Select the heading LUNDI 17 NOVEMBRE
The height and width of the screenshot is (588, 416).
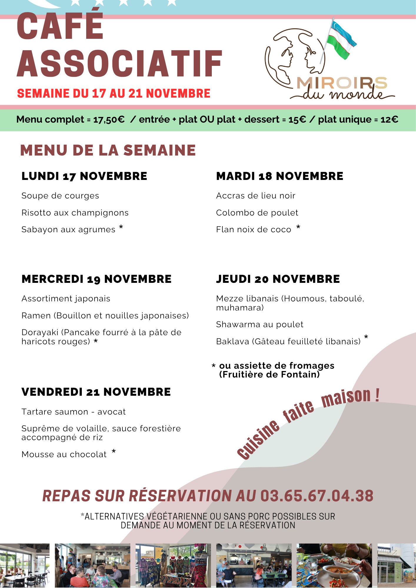pos(84,176)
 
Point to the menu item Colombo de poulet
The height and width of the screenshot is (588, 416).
pos(257,213)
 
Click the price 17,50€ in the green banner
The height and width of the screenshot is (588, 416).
pos(109,119)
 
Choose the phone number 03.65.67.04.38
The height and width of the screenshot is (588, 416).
pos(317,496)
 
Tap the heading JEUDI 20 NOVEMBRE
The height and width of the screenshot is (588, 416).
pos(278,279)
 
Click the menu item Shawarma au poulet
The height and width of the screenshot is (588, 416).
pos(259,324)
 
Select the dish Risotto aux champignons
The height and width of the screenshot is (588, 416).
pos(75,213)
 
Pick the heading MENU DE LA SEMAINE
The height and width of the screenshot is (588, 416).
pos(108,150)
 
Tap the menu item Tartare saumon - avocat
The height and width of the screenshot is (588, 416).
pos(74,412)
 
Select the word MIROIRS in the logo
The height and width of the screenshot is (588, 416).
pos(342,83)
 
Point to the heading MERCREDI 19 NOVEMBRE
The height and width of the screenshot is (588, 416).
pos(96,279)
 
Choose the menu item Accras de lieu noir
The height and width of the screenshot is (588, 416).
pos(256,196)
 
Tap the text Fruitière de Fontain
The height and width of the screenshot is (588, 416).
pos(269,375)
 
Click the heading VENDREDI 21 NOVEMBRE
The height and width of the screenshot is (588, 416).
pos(96,392)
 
